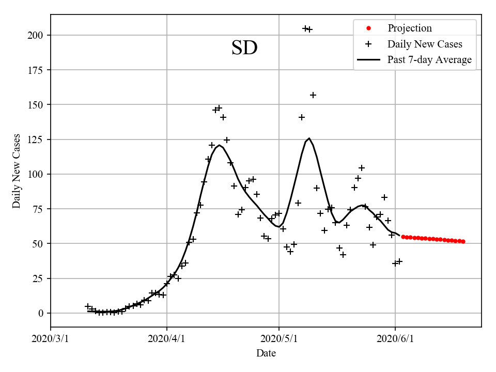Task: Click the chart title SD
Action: tap(244, 48)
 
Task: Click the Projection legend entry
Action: tap(409, 28)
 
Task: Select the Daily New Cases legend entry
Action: tap(424, 44)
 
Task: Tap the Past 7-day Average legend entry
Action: tap(429, 60)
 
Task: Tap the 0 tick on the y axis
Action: tap(43, 314)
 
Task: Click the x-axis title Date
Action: tap(266, 354)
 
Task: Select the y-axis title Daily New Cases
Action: tap(17, 171)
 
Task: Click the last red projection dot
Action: tap(463, 241)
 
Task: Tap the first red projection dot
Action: tap(403, 237)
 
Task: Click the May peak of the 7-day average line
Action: tap(309, 138)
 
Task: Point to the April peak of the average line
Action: tap(220, 145)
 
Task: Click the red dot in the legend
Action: tap(368, 28)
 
